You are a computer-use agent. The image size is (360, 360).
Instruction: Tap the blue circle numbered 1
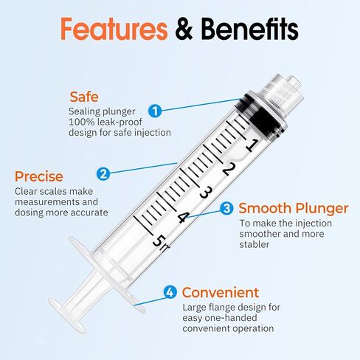[x=155, y=111]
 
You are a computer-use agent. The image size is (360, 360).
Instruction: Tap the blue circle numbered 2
[x=104, y=174]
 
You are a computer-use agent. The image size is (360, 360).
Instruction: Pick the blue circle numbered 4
[x=170, y=292]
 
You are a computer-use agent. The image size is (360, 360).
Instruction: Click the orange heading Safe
[x=83, y=97]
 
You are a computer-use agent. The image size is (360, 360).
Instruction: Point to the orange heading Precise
[x=38, y=177]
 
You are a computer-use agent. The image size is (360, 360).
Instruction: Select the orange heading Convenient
[x=221, y=292]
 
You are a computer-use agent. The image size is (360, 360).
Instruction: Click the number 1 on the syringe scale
[x=251, y=145]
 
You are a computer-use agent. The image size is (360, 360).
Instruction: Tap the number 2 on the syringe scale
[x=228, y=169]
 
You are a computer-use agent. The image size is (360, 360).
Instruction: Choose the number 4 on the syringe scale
[x=183, y=217]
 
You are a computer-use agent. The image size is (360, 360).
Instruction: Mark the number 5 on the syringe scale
[x=158, y=240]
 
